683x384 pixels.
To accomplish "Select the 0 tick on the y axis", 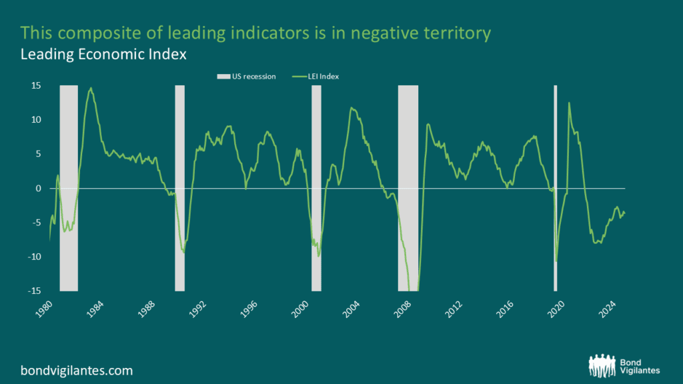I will [x=38, y=189].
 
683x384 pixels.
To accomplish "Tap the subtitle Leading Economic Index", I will [x=103, y=55].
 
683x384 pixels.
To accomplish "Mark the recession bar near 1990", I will [x=179, y=189].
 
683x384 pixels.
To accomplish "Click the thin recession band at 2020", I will [x=555, y=189].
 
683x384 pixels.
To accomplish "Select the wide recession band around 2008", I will [x=408, y=189].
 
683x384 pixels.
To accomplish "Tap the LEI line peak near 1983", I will [x=91, y=88].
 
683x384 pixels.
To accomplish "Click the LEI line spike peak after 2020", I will [x=569, y=103].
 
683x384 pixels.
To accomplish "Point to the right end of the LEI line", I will [x=625, y=213].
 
